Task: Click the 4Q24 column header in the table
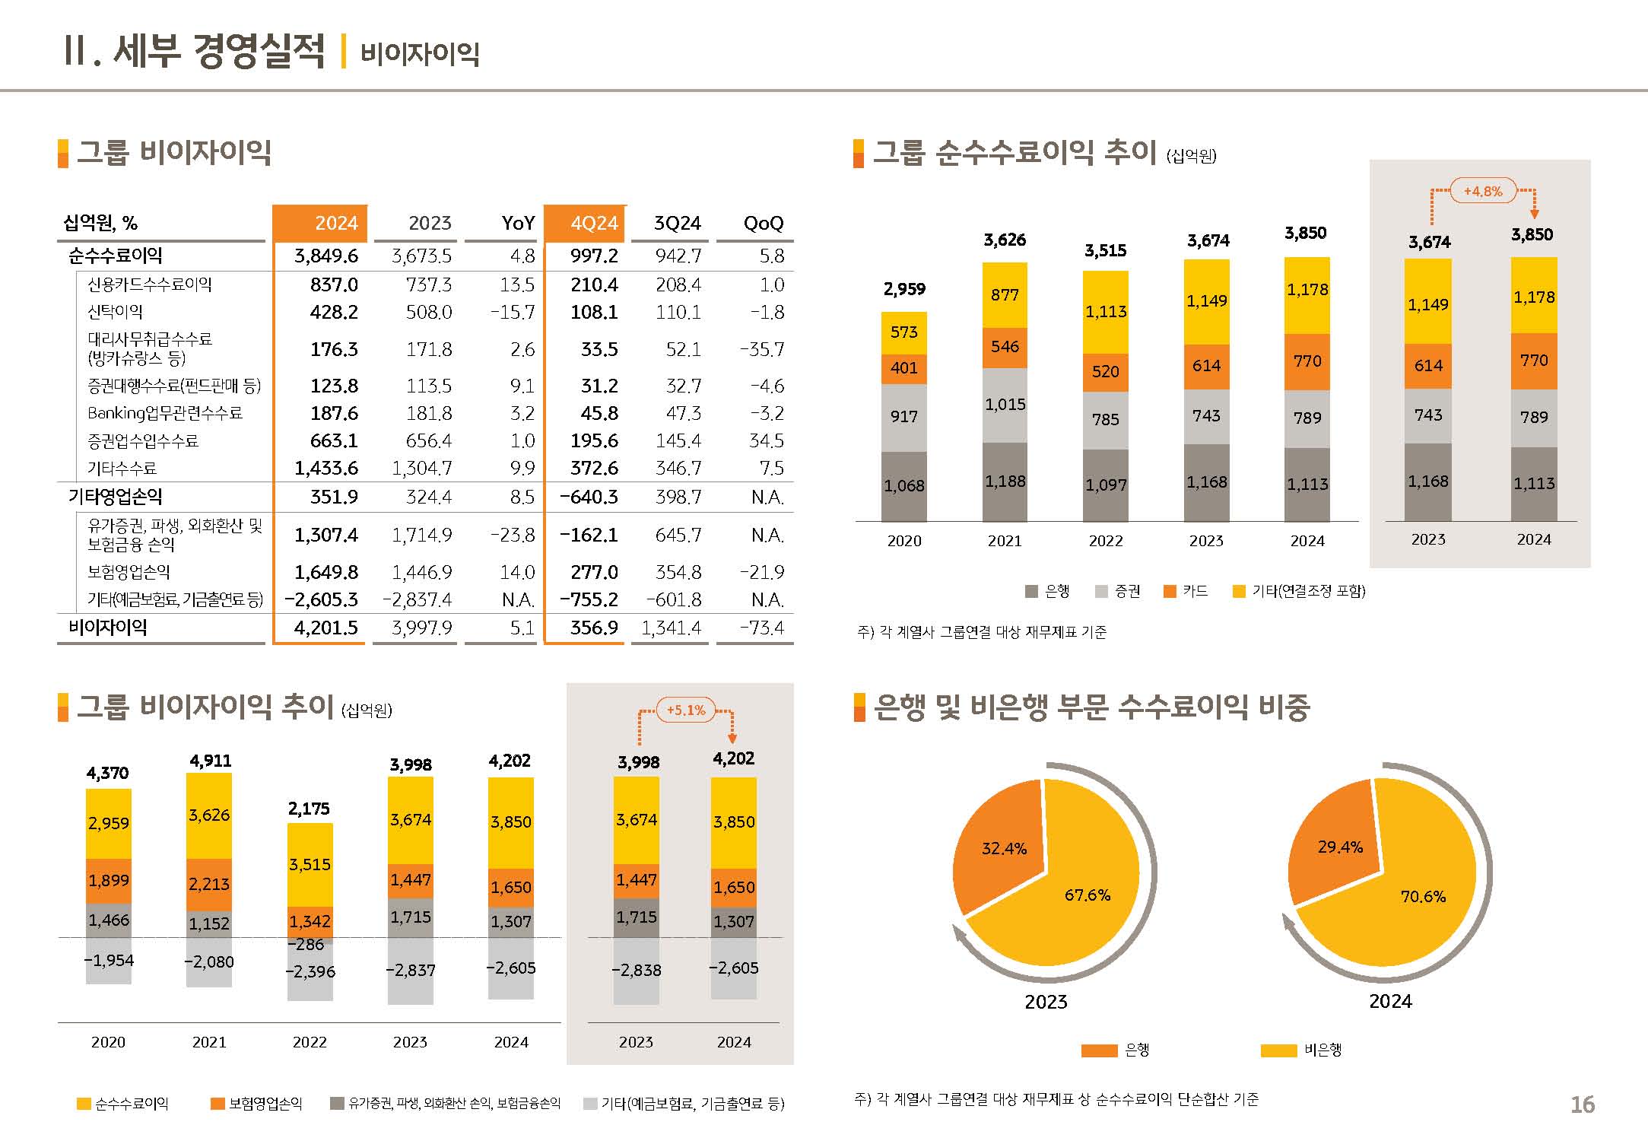tap(593, 223)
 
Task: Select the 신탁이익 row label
tap(115, 312)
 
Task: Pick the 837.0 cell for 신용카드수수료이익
tap(333, 284)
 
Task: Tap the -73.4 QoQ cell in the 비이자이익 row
tap(761, 628)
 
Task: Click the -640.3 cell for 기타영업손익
tap(589, 497)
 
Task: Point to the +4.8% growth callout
tap(1482, 191)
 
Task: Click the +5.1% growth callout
tap(685, 710)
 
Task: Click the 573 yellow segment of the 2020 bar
tap(903, 332)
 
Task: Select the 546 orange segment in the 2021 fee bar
tap(1005, 347)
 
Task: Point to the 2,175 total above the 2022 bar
tap(309, 809)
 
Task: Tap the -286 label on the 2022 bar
tap(310, 945)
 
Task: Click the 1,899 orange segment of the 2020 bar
tap(109, 881)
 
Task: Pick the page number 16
tap(1582, 1104)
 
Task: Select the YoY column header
tap(518, 223)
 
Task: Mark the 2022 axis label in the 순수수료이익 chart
tap(1105, 541)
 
